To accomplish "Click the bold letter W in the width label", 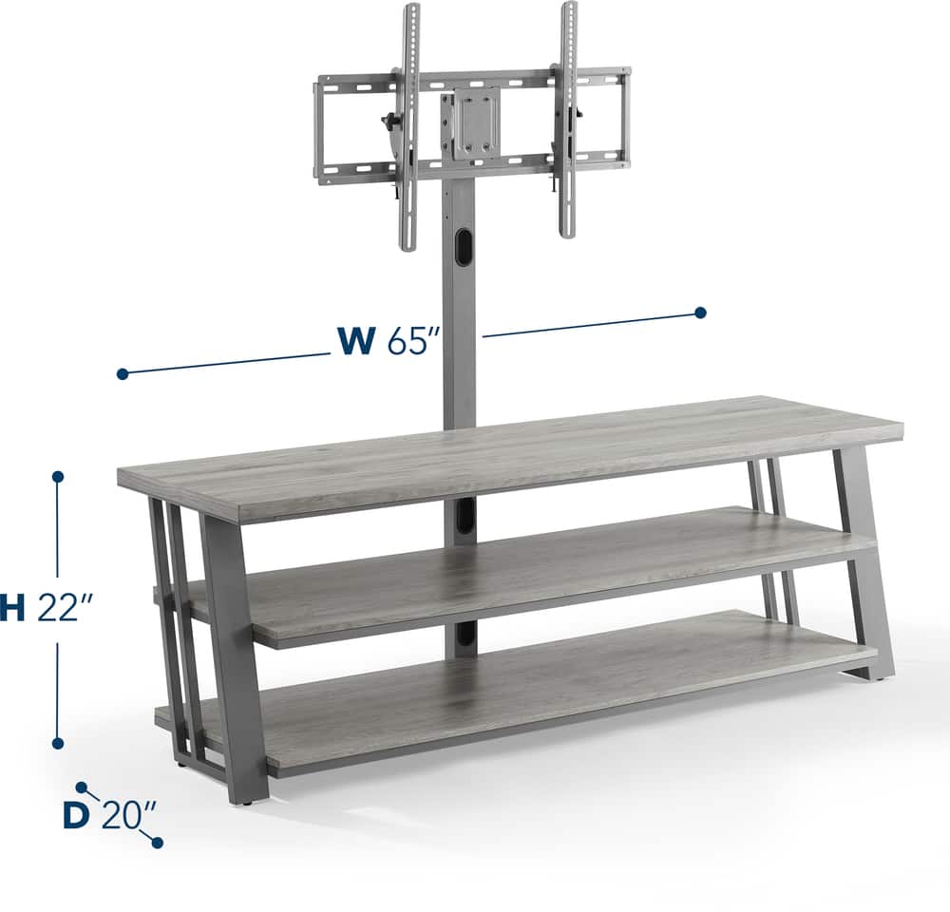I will (x=356, y=341).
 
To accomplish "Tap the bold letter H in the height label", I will (x=11, y=609).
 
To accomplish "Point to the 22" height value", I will (x=65, y=609).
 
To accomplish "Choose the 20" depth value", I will (x=128, y=816).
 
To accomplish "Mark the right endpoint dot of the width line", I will (x=700, y=313).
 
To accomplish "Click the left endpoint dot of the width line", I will (x=122, y=374).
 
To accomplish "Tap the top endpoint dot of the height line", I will (x=58, y=476).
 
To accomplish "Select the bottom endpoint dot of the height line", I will (x=58, y=743).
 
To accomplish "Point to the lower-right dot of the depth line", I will (x=157, y=843).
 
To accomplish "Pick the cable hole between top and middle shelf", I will (x=462, y=518).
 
